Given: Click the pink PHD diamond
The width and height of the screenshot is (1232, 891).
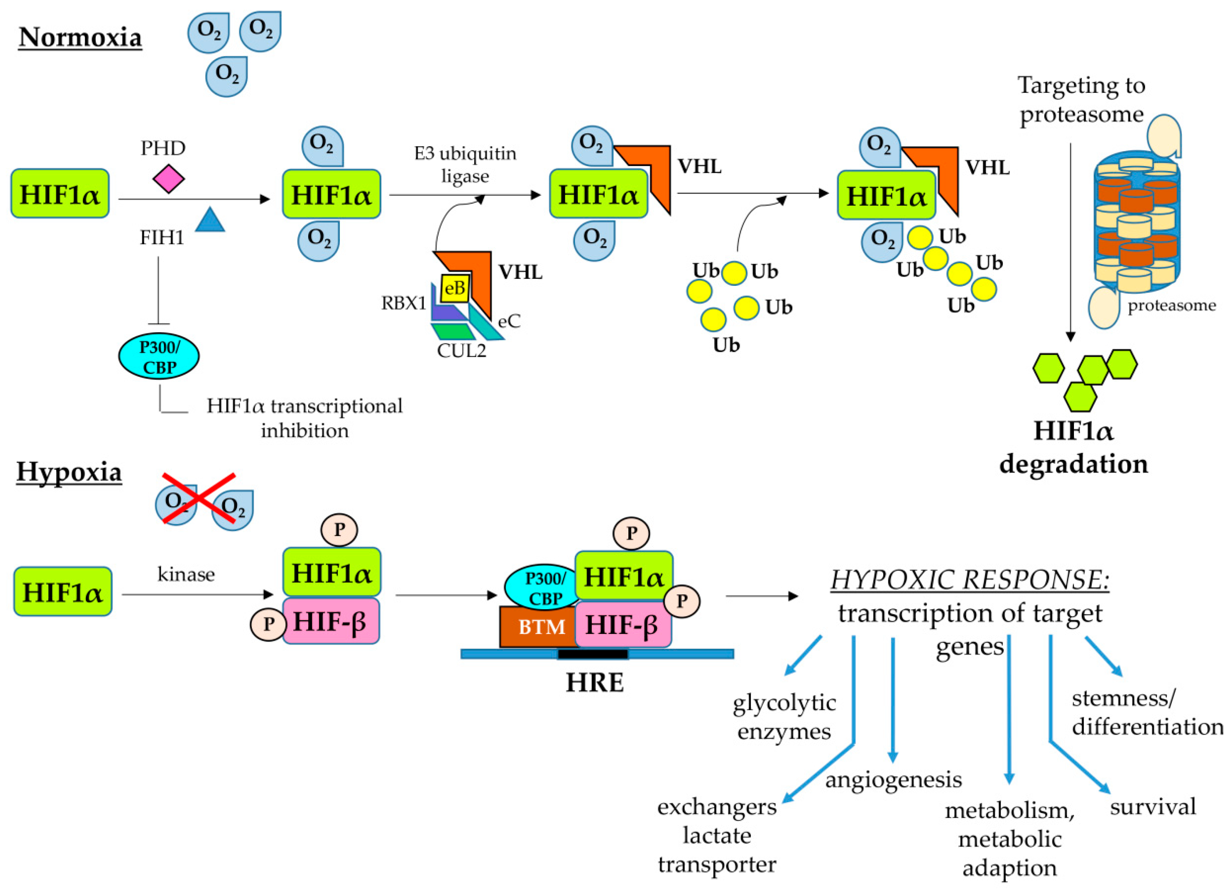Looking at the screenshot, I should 168,179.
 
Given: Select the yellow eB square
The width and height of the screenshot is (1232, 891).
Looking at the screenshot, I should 455,288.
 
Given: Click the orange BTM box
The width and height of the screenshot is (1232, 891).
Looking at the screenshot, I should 538,627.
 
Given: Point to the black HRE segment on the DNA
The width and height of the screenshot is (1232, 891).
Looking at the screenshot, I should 593,653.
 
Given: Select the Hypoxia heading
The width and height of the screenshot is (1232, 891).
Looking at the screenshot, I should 69,471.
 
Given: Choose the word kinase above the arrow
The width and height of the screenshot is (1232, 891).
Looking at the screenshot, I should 186,574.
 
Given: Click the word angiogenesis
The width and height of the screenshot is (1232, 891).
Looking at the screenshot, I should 894,780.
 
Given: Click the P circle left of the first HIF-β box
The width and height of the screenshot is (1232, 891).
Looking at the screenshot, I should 268,624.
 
